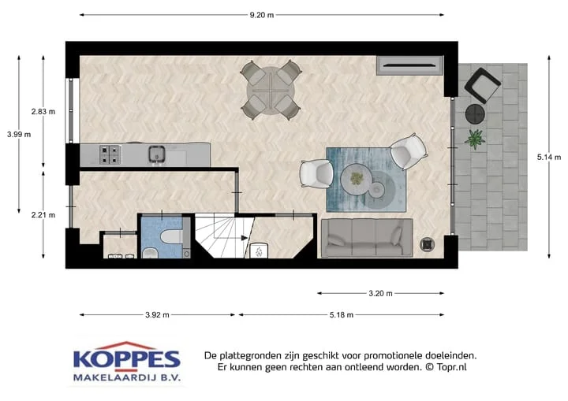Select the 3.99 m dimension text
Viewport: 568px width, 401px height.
(18, 134)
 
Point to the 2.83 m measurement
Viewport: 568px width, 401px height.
(43, 111)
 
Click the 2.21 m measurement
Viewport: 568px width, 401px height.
(43, 214)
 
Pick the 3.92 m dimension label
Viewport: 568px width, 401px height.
(158, 315)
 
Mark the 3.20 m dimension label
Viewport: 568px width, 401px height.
(381, 294)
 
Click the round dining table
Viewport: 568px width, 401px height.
(271, 92)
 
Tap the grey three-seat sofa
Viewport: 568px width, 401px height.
(367, 237)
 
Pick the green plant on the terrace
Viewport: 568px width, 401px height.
(475, 139)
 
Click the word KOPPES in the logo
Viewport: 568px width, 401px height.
(126, 360)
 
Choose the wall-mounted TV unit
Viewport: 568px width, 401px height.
(409, 65)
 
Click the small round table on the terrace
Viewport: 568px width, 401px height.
(475, 113)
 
